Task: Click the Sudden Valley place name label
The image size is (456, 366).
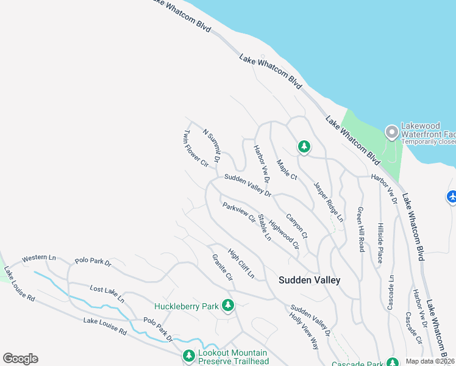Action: [309, 280]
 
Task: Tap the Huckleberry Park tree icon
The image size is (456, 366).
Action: [228, 305]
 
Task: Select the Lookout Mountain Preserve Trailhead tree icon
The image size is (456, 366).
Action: [189, 355]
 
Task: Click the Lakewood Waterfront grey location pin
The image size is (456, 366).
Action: [391, 131]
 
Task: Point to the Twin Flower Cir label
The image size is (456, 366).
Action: [196, 148]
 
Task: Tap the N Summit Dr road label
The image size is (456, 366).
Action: [211, 145]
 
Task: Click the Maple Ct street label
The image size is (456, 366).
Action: [286, 170]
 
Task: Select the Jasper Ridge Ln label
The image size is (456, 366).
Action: [329, 201]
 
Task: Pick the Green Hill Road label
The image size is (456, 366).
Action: [361, 229]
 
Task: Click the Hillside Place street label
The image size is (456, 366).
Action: [379, 242]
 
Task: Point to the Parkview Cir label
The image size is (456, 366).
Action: [238, 212]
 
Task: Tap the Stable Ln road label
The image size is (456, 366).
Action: [264, 227]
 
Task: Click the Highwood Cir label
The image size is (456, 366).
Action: [284, 235]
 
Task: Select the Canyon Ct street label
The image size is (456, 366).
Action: [297, 226]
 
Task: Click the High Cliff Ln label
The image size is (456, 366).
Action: [241, 263]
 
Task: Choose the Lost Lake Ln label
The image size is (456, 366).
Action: [107, 294]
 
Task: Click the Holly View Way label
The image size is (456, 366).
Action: [304, 331]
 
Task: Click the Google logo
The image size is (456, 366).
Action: [20, 359]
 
